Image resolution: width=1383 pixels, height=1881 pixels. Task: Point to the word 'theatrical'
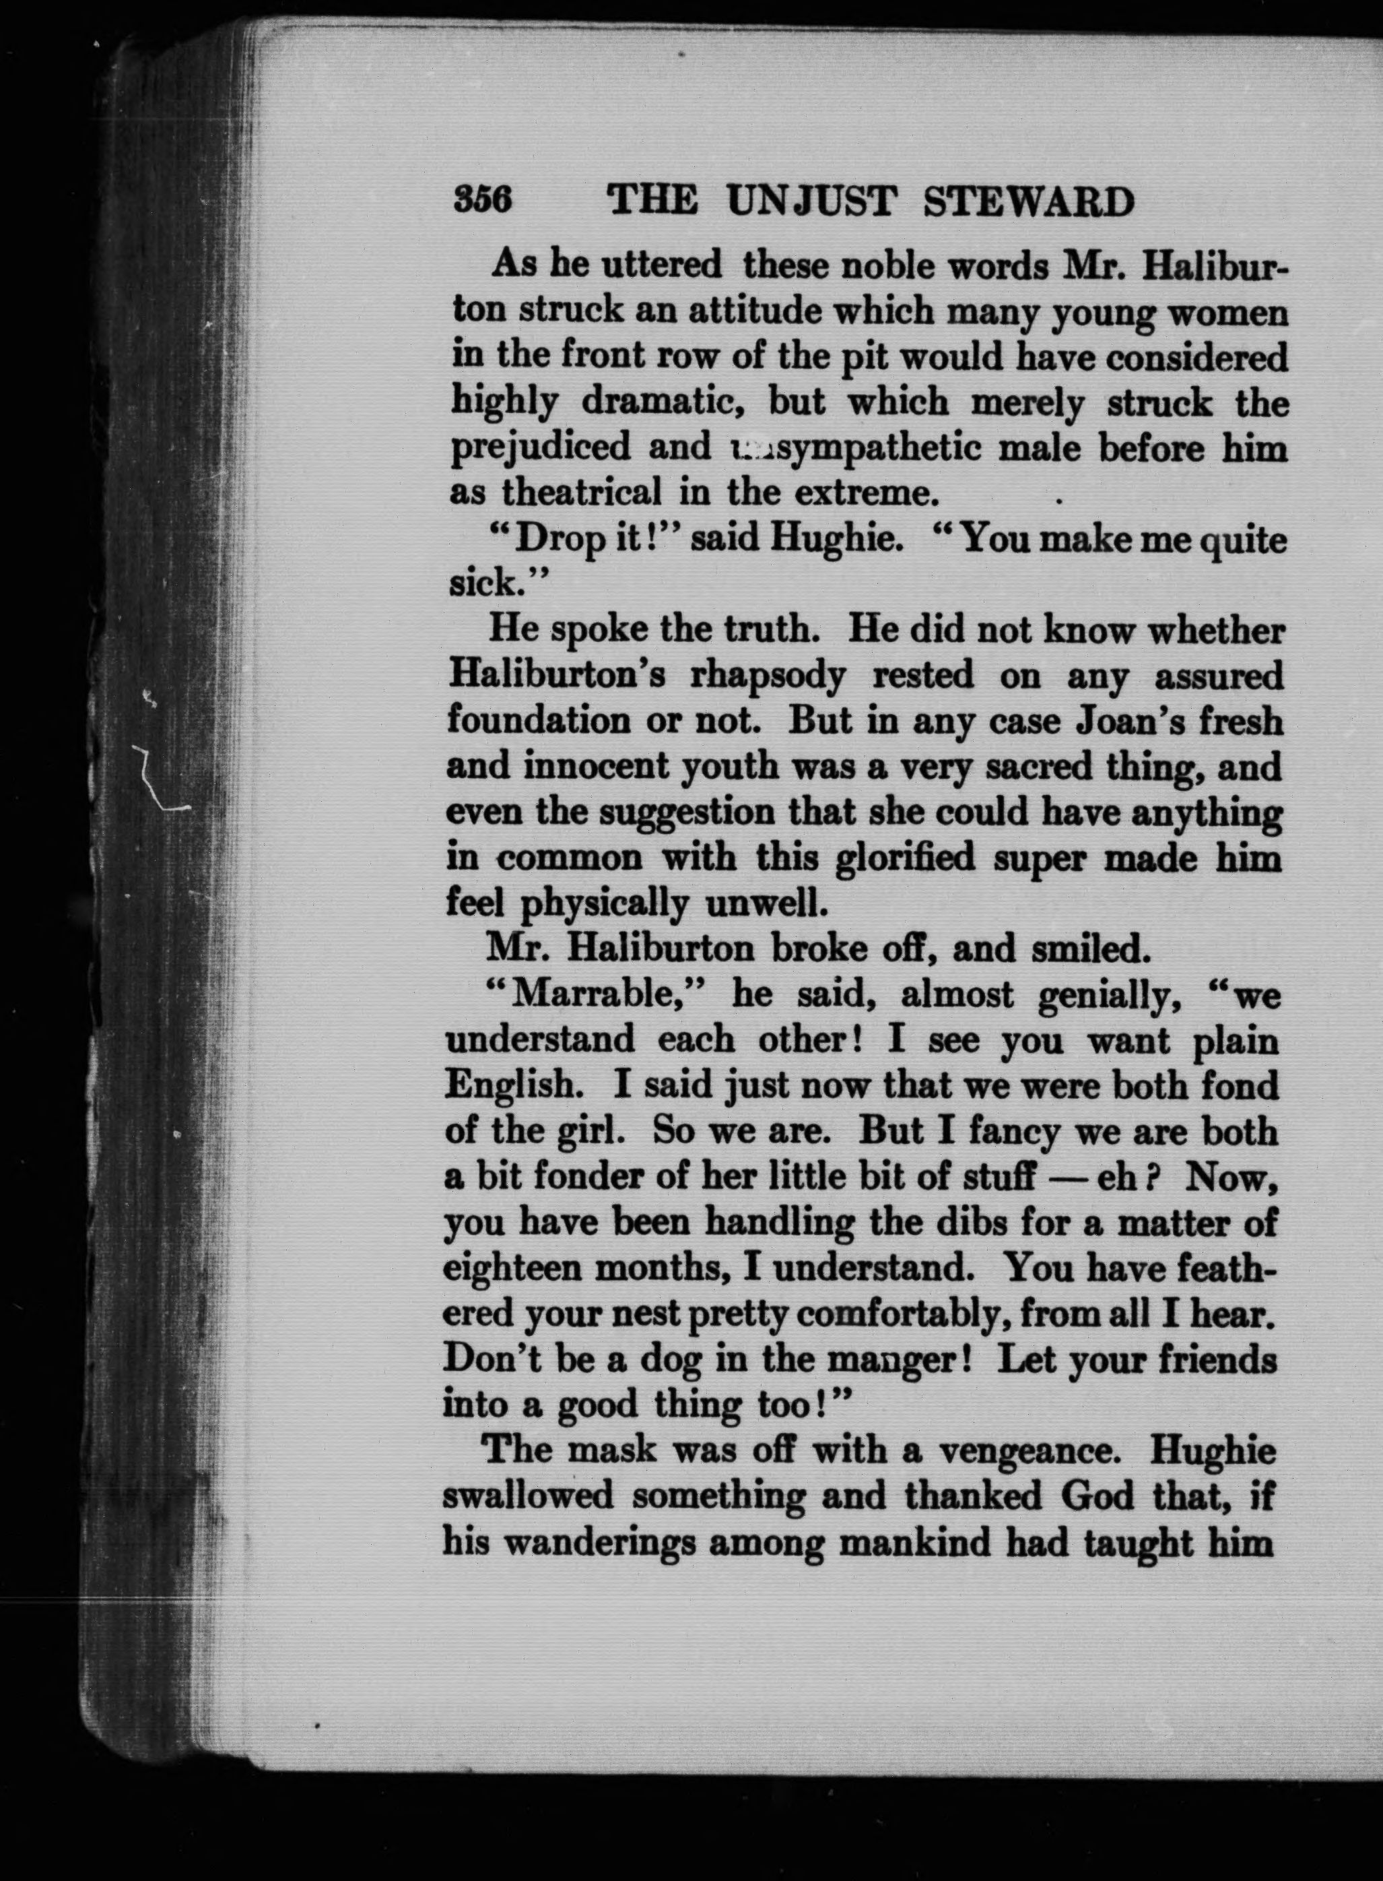(x=581, y=492)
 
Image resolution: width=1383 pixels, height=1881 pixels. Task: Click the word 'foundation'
(x=537, y=720)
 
